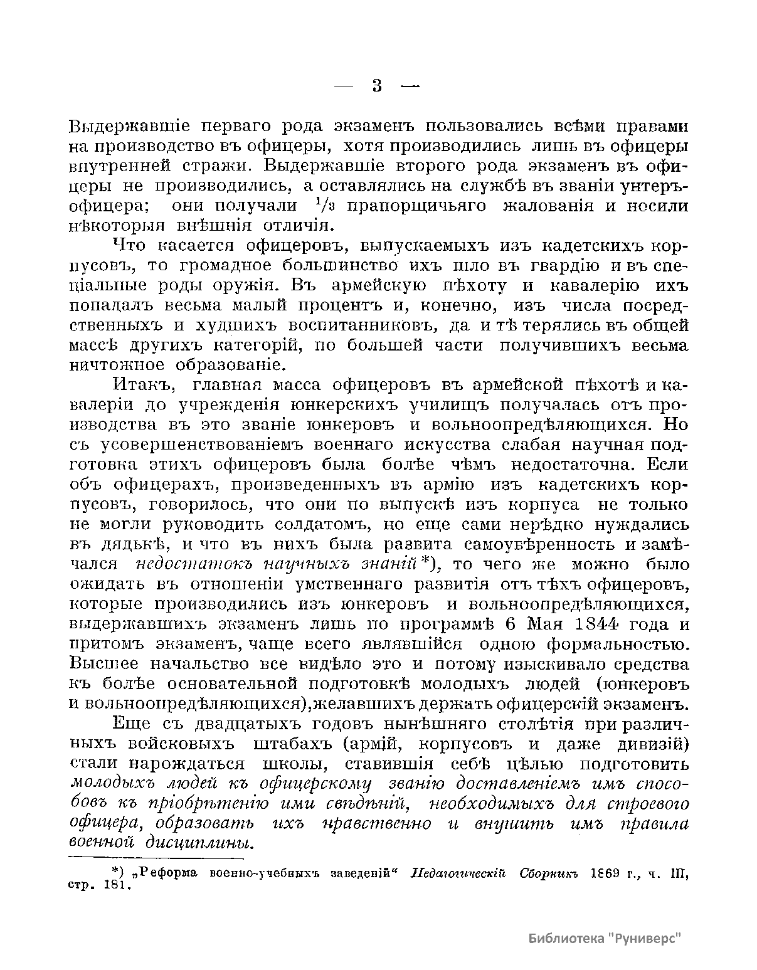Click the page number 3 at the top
click(377, 86)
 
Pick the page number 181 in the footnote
click(115, 887)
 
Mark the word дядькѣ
click(114, 544)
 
